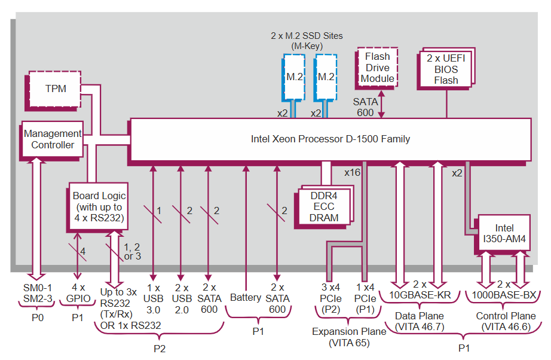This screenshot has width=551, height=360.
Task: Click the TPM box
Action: (x=56, y=89)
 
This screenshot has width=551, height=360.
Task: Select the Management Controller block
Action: (x=53, y=139)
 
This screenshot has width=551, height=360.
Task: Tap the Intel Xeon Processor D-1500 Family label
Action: (x=330, y=139)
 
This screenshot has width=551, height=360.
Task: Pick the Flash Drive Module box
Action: (x=378, y=68)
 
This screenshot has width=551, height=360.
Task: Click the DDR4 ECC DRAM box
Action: (x=324, y=206)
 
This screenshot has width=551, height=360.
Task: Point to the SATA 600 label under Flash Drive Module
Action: (x=365, y=107)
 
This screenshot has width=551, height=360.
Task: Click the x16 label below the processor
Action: (x=353, y=172)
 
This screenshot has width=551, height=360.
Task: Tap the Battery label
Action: (x=245, y=297)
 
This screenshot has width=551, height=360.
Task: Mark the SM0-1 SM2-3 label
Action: (x=38, y=293)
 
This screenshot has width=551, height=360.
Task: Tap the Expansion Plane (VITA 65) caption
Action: (x=349, y=337)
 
